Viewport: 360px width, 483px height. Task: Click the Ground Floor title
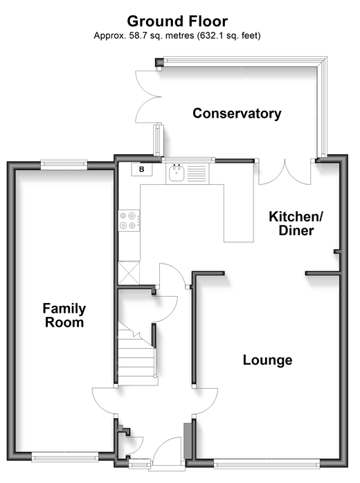tap(177, 21)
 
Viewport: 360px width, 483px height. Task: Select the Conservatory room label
tap(237, 113)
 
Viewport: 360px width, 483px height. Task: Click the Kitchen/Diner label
tap(296, 224)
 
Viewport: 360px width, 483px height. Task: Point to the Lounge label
tap(267, 360)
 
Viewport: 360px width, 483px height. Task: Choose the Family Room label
tap(64, 315)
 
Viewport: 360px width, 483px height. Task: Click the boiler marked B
tap(142, 170)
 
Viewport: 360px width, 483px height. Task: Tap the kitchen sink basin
tap(177, 173)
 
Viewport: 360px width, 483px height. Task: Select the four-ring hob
tap(129, 221)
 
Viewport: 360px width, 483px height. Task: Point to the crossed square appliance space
tap(129, 273)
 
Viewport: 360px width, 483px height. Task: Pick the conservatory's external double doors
tap(148, 97)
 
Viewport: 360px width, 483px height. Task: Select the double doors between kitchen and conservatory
tap(285, 172)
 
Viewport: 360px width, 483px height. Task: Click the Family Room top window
tap(64, 164)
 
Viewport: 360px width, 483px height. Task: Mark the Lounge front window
tap(267, 464)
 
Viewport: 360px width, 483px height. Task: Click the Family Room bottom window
tap(64, 457)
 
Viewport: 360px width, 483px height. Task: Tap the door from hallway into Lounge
tap(206, 402)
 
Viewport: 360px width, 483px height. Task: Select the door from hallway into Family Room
tap(104, 401)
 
